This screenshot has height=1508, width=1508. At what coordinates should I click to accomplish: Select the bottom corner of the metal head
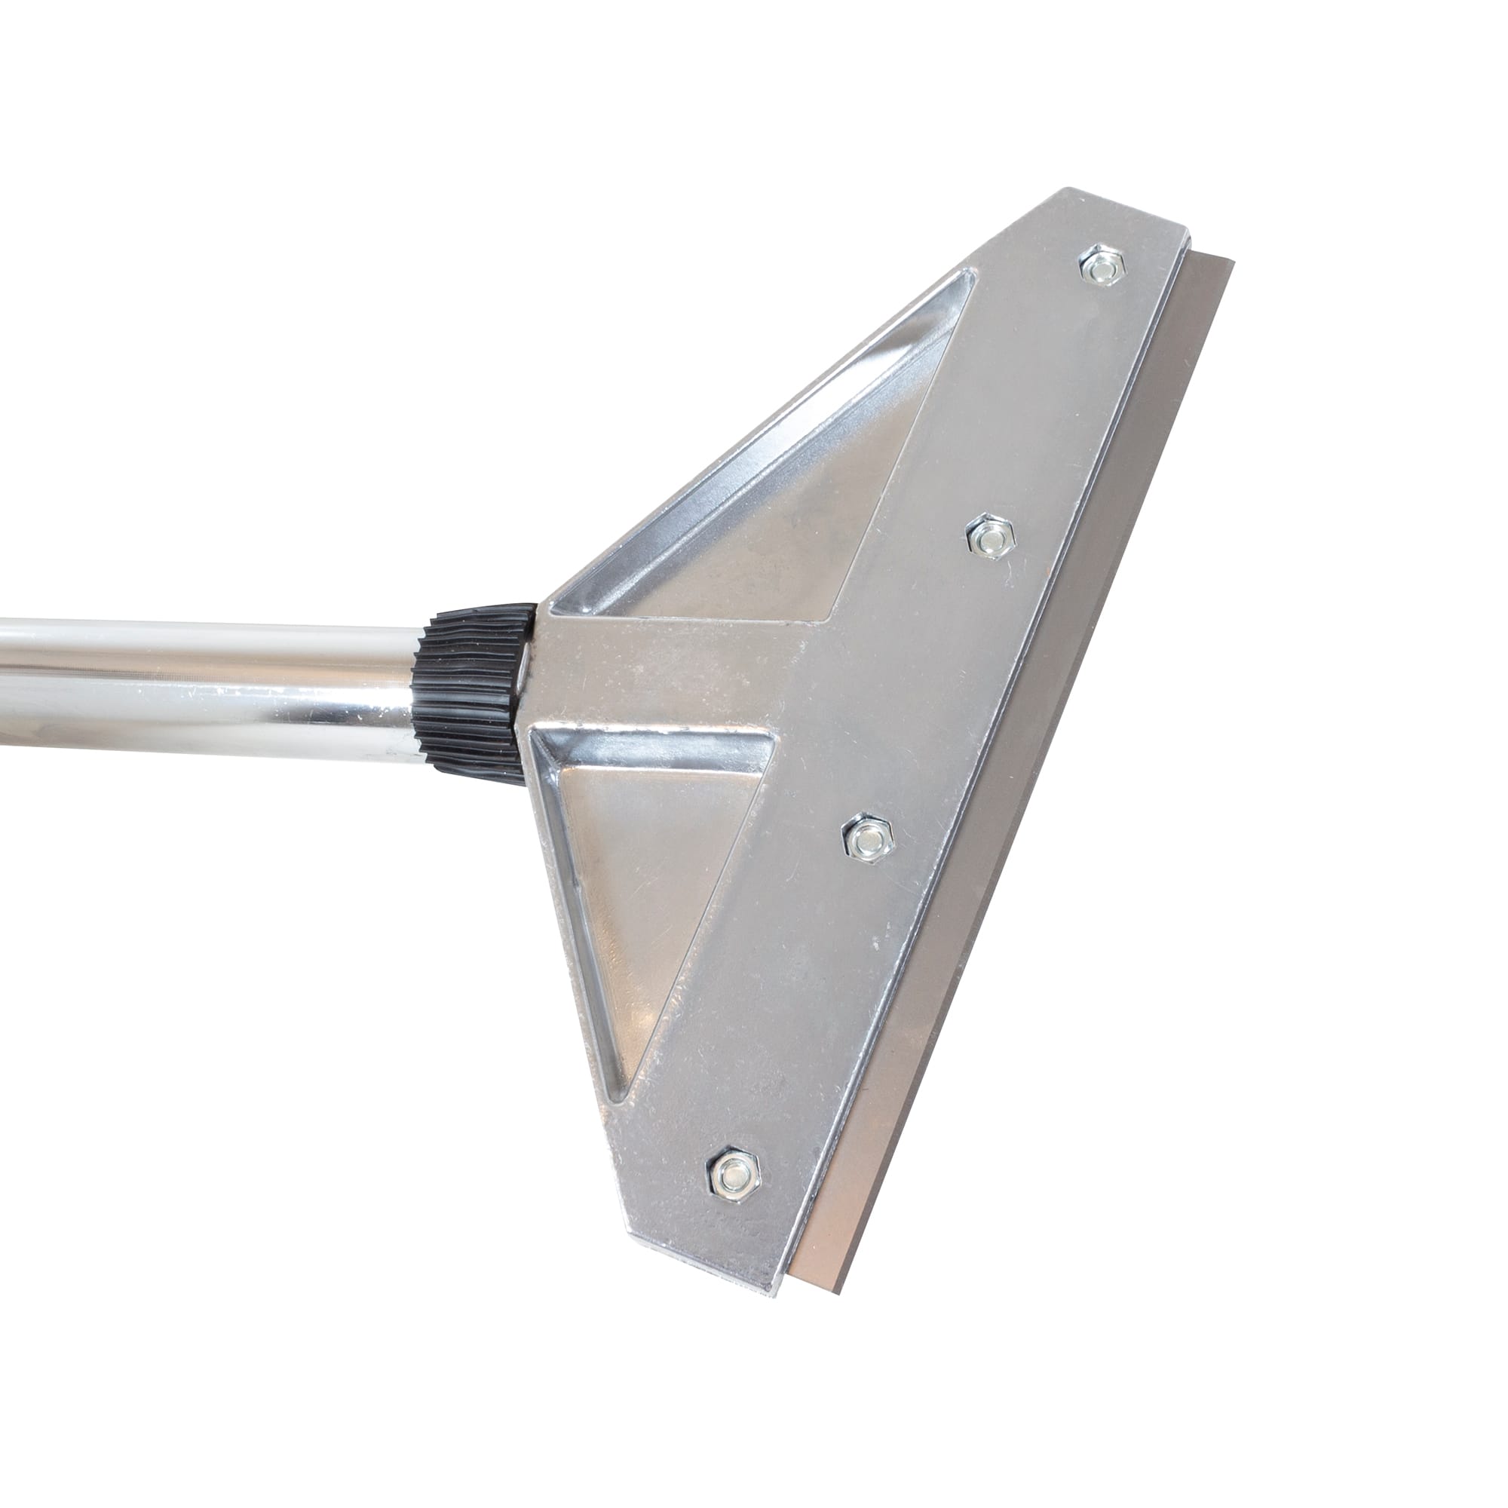pos(773,1288)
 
